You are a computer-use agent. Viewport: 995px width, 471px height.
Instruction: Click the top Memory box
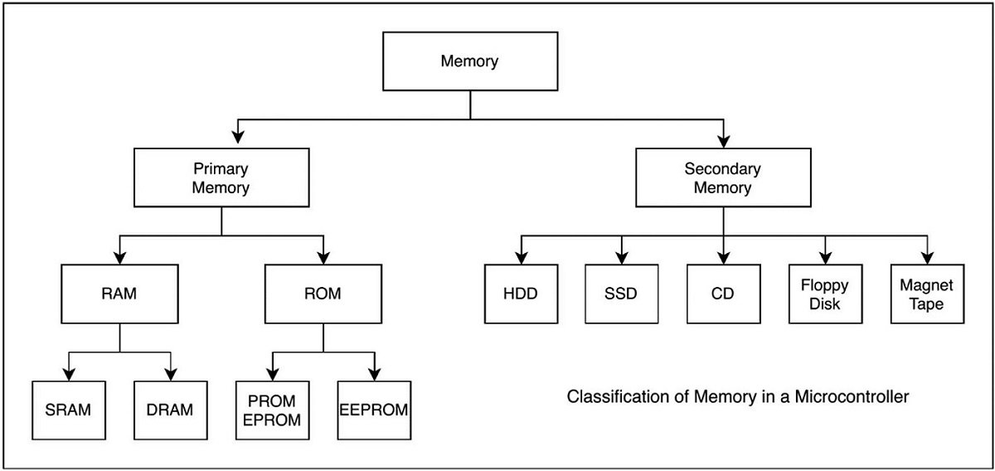[x=470, y=62]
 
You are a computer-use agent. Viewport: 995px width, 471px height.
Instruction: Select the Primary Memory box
[x=221, y=178]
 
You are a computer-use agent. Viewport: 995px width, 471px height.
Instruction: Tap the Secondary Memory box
[x=722, y=178]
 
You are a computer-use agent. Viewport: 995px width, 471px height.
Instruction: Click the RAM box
[x=119, y=293]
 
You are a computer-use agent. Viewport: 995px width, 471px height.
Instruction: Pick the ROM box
[x=322, y=293]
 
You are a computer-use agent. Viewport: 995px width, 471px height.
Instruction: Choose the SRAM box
[x=69, y=410]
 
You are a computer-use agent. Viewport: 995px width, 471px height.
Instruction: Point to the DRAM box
[x=170, y=410]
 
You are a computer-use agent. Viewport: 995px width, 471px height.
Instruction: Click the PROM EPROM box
[x=273, y=410]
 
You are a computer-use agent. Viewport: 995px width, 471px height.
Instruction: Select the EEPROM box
[x=374, y=410]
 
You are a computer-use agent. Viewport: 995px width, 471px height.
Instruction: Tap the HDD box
[x=522, y=294]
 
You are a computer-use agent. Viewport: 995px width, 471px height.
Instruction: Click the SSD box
[x=622, y=294]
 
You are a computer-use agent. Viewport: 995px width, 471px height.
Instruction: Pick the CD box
[x=723, y=294]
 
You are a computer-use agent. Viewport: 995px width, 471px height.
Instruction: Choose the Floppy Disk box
[x=825, y=294]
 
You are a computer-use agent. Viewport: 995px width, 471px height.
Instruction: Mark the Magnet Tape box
[x=926, y=294]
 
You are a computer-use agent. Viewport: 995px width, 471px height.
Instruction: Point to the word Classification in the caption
[x=610, y=397]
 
